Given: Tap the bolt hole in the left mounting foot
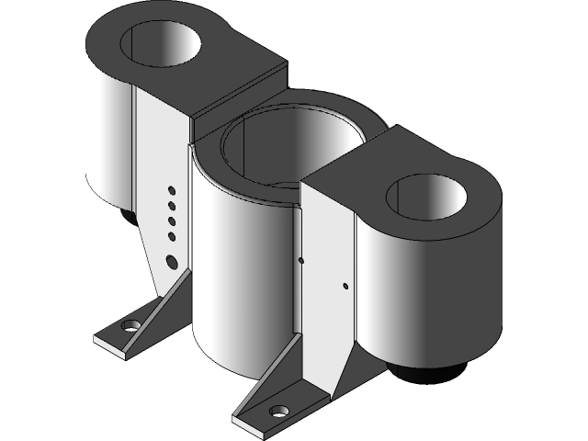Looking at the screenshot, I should pyautogui.click(x=130, y=325).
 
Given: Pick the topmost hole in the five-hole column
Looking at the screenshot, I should pyautogui.click(x=172, y=190).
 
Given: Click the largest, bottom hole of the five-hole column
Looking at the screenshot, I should pyautogui.click(x=171, y=261).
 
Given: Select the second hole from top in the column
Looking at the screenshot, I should pyautogui.click(x=172, y=206).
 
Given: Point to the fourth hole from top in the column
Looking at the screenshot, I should pyautogui.click(x=172, y=237).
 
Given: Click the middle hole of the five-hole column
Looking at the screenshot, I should pyautogui.click(x=172, y=221).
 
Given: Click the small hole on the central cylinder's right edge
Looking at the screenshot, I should pyautogui.click(x=301, y=260).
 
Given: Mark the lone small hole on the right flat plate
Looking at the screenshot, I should pyautogui.click(x=345, y=286).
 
